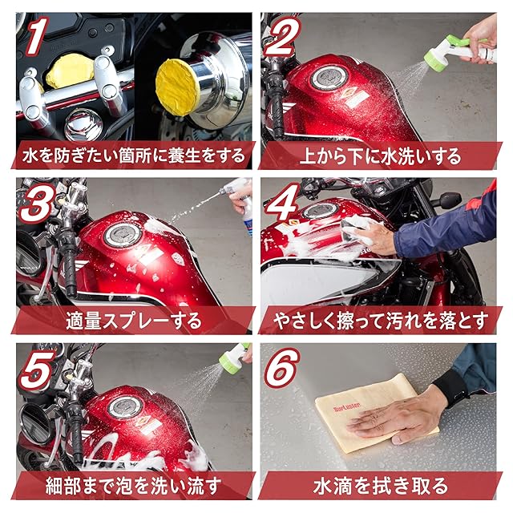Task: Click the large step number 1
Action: click(x=37, y=36)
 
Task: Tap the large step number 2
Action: click(x=281, y=36)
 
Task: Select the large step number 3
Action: click(x=38, y=203)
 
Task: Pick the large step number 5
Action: click(x=37, y=369)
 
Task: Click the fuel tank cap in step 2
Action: click(x=328, y=79)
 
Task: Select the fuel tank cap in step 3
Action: click(x=123, y=235)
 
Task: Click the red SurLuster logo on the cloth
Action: click(x=347, y=407)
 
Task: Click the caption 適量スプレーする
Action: click(x=134, y=321)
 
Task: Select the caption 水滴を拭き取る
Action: click(x=381, y=487)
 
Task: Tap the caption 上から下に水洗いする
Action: click(x=381, y=156)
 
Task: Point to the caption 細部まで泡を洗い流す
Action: click(x=134, y=487)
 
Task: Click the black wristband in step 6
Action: click(x=450, y=388)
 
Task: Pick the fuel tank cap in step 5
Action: click(x=125, y=406)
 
